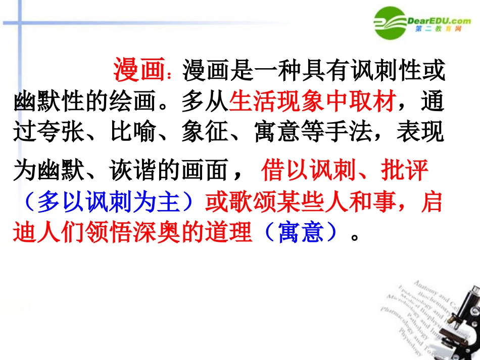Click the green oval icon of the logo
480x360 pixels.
coord(389,23)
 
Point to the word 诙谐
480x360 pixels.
coord(134,172)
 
